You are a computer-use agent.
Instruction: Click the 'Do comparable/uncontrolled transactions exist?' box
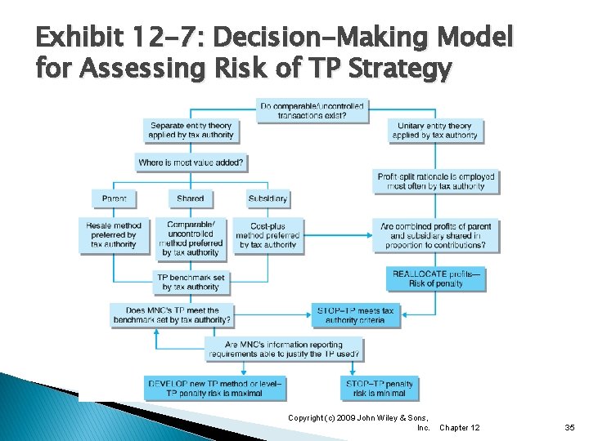point(312,110)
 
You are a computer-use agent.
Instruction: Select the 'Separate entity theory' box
point(191,131)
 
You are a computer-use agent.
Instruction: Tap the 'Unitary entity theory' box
point(434,131)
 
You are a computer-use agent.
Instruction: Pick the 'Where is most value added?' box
point(191,163)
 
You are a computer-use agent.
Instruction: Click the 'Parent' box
point(114,198)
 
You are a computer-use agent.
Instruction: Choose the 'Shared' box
point(190,198)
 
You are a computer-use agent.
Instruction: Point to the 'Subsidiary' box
point(268,198)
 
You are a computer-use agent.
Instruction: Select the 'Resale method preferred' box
point(114,234)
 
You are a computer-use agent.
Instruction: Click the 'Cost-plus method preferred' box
point(268,234)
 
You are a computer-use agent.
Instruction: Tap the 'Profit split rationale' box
point(436,181)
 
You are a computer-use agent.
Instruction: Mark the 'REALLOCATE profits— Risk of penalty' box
point(436,278)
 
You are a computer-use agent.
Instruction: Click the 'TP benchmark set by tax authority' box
point(191,282)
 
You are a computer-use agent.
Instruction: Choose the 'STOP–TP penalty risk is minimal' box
point(380,388)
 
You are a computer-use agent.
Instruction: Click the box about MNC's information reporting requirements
point(284,350)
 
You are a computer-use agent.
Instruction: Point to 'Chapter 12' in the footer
point(460,427)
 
